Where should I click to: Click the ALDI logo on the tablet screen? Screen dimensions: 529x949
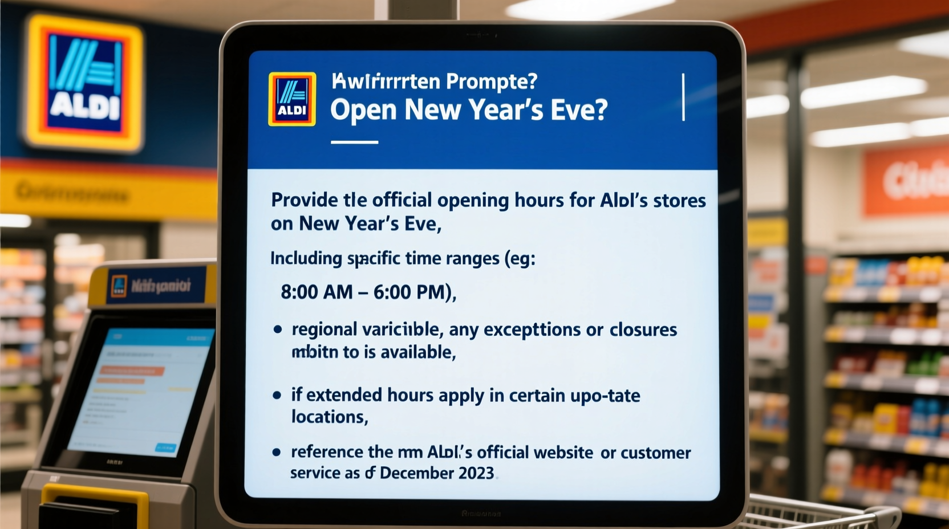tap(292, 99)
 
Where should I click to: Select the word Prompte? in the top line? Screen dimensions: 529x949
tap(492, 82)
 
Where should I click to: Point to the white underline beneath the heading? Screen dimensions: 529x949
tap(354, 142)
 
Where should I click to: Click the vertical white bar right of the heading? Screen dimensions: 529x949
tap(683, 97)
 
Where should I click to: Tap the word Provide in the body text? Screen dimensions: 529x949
tap(304, 201)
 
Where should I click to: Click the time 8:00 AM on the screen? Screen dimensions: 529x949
tap(317, 292)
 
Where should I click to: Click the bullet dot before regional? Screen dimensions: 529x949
tap(278, 329)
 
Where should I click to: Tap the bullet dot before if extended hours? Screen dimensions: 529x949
tap(277, 395)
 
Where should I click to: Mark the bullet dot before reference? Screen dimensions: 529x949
tap(277, 453)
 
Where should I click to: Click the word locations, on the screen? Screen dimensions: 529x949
tap(329, 417)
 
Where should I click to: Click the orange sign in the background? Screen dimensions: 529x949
tap(906, 181)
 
